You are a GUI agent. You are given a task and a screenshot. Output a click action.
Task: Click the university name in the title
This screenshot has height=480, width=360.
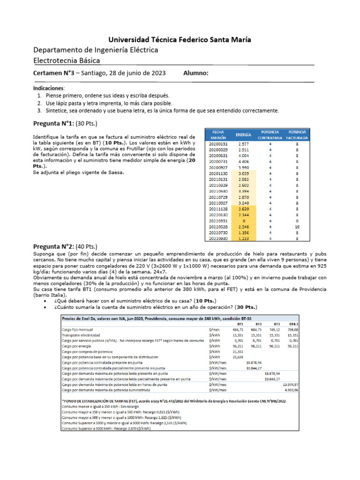[x=180, y=40]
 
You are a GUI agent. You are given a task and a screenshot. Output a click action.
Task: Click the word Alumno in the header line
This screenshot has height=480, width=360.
[x=196, y=73]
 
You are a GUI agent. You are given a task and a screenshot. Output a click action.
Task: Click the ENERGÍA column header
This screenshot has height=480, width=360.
[x=243, y=135]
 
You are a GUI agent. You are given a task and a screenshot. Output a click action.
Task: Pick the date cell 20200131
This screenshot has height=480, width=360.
[x=219, y=144]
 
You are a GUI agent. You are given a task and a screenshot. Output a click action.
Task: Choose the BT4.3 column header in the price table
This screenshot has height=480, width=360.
[x=292, y=323]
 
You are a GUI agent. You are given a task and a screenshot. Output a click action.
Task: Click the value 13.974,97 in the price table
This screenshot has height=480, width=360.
[x=290, y=384]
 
